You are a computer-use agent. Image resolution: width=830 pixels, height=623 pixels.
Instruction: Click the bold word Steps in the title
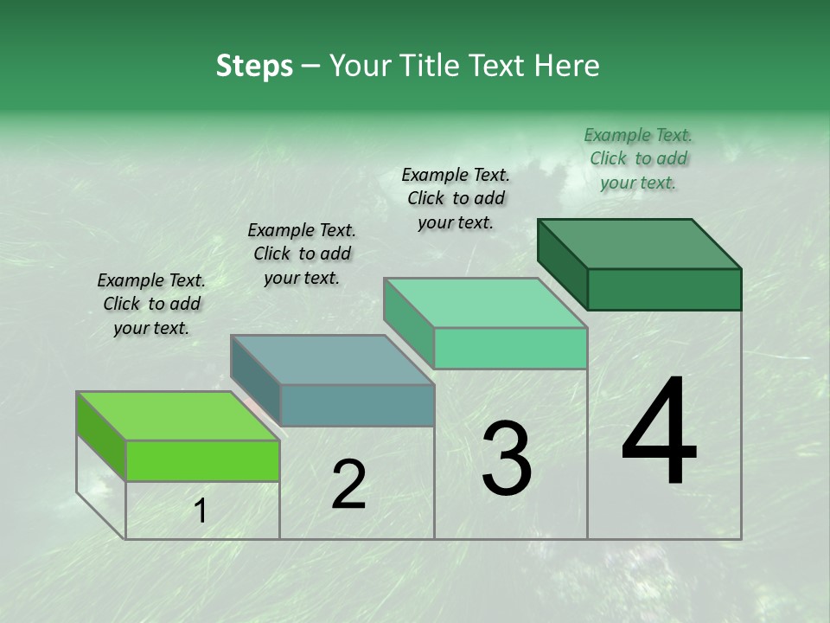point(254,66)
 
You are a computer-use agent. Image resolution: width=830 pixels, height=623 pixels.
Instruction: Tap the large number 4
point(660,433)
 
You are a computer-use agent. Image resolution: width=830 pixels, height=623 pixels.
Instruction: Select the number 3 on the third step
point(507,459)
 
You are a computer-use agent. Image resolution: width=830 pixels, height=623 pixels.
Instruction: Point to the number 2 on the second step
point(348,485)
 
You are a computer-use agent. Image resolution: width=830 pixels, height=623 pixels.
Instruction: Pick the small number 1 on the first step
point(200,511)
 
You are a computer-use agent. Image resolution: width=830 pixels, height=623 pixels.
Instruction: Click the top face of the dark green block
point(640,243)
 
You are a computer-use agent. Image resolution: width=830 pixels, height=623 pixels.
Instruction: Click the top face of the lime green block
point(178,416)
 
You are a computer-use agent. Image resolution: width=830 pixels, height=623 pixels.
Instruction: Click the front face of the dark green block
point(664,289)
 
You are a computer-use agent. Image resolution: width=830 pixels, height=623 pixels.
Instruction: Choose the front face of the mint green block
point(510,349)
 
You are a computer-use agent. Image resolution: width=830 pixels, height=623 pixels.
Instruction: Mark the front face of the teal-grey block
point(357,406)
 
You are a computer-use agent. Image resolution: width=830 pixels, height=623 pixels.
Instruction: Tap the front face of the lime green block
point(202,461)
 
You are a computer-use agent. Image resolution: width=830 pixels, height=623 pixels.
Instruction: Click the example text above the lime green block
point(151,304)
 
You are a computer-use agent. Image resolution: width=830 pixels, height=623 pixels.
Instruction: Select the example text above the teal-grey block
point(302,254)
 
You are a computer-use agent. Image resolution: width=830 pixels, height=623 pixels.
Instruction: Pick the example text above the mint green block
point(456,198)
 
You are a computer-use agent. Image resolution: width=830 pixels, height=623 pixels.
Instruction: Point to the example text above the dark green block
point(638,158)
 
